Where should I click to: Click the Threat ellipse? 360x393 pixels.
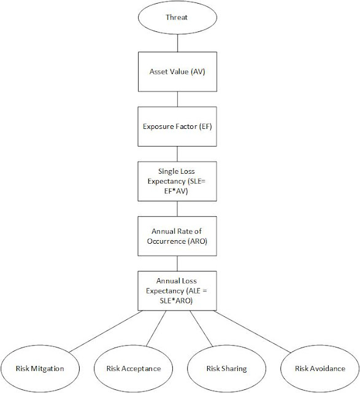click(x=177, y=17)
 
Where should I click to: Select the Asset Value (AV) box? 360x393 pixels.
click(x=177, y=72)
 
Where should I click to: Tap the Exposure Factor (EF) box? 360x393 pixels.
click(x=177, y=126)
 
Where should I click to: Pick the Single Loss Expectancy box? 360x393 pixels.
click(x=177, y=181)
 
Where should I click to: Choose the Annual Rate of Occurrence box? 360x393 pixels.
click(x=177, y=236)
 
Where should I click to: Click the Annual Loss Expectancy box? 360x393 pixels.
click(x=177, y=290)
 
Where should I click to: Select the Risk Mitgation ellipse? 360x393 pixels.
click(x=40, y=368)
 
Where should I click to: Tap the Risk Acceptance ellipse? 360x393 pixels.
click(x=134, y=368)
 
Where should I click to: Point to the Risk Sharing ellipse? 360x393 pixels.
click(x=226, y=368)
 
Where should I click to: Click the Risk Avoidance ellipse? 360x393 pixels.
click(x=320, y=368)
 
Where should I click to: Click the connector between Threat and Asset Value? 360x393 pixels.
click(x=177, y=43)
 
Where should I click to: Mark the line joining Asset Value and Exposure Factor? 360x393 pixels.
click(x=177, y=99)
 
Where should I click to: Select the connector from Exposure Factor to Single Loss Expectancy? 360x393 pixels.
click(x=177, y=154)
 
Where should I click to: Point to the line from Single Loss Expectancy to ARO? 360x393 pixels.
click(x=177, y=209)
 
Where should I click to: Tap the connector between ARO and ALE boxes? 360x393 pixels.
click(x=177, y=263)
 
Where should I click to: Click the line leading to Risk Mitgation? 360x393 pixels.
click(x=105, y=332)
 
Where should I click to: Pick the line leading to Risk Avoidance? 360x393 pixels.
click(x=252, y=332)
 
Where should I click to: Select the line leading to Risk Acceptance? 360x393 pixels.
click(x=156, y=329)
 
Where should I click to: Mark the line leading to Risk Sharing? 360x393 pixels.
click(x=201, y=329)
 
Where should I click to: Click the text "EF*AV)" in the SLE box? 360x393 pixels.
click(x=176, y=191)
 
